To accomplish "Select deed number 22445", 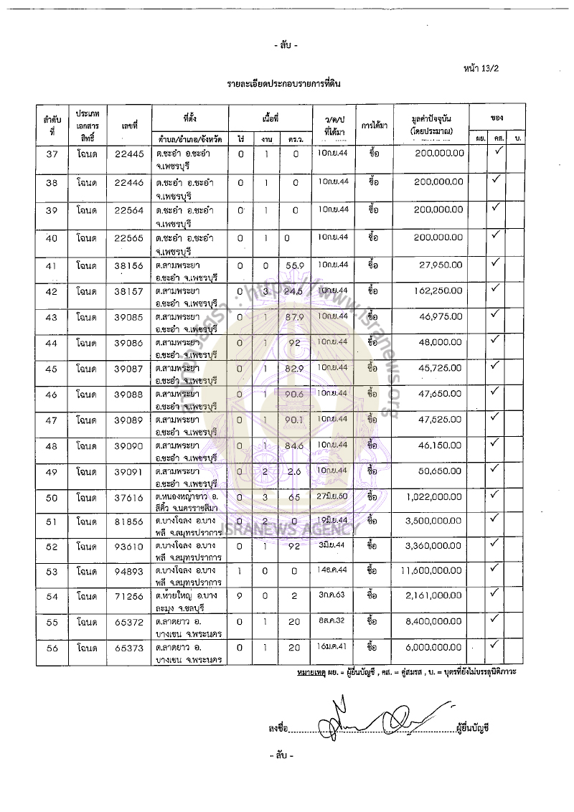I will click(x=130, y=154).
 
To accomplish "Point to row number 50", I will click(x=52, y=498).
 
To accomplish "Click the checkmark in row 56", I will click(x=495, y=645).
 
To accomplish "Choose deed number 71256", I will click(x=130, y=596).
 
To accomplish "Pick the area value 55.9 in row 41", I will click(x=290, y=265).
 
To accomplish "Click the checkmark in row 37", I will click(x=495, y=151).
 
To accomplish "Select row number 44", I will click(x=52, y=343).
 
